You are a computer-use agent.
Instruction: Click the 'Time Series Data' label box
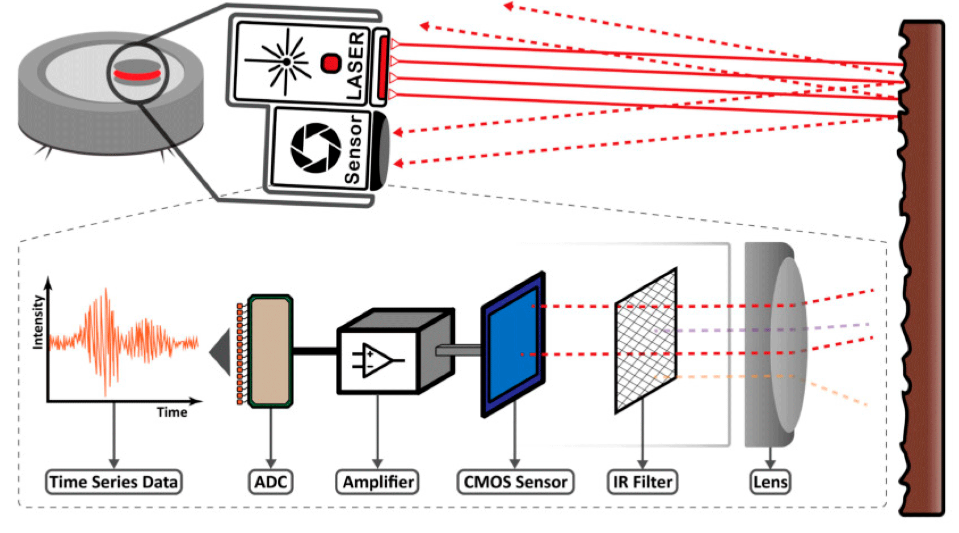tap(113, 482)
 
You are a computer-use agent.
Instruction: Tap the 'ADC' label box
tap(271, 482)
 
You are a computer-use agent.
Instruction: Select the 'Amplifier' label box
tap(377, 482)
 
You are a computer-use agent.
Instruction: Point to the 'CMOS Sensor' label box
tap(515, 482)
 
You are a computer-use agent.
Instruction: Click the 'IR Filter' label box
tap(642, 482)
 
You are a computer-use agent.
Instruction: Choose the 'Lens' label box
tap(770, 482)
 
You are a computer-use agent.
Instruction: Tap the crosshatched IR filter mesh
tap(646, 340)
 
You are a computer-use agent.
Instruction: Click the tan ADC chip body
tap(271, 350)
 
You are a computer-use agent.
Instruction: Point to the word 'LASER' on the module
tap(355, 66)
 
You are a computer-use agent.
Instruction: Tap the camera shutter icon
tap(316, 147)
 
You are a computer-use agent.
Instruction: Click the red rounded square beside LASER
tap(330, 63)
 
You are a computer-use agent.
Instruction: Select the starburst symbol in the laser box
tap(285, 61)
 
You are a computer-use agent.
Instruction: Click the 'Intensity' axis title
tap(37, 322)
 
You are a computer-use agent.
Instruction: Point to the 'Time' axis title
tap(171, 412)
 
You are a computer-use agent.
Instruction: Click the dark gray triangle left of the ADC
tap(221, 352)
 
